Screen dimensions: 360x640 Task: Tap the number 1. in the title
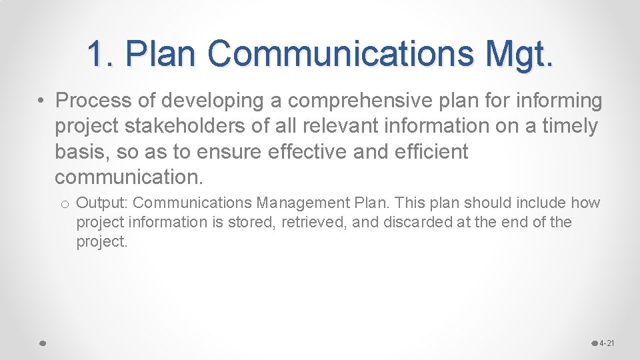(101, 53)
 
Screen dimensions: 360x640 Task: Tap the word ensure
(230, 152)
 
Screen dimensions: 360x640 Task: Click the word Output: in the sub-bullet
(103, 203)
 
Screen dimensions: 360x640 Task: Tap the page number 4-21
(607, 343)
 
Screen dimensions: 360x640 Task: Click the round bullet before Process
(41, 101)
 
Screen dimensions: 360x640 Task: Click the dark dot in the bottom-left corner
(41, 343)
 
